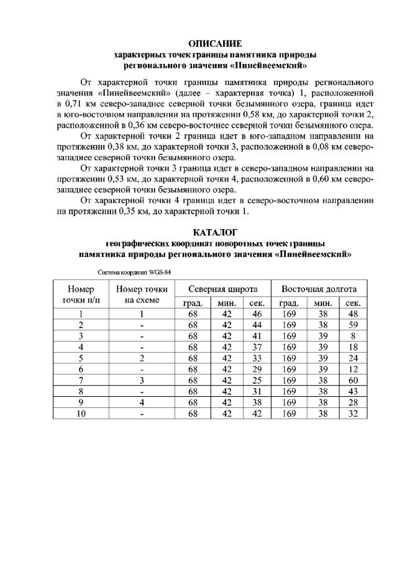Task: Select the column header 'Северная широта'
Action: pyautogui.click(x=223, y=289)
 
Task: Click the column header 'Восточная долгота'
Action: pyautogui.click(x=319, y=289)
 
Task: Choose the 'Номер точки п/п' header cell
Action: pyautogui.click(x=81, y=294)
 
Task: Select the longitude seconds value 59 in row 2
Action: pyautogui.click(x=353, y=325)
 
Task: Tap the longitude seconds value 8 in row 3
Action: pyautogui.click(x=353, y=336)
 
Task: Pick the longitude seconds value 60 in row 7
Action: pyautogui.click(x=353, y=379)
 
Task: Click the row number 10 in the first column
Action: pyautogui.click(x=81, y=413)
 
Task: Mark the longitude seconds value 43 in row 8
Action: pyautogui.click(x=353, y=391)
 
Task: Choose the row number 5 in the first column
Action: pyautogui.click(x=81, y=358)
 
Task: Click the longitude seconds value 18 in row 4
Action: pyautogui.click(x=353, y=347)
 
